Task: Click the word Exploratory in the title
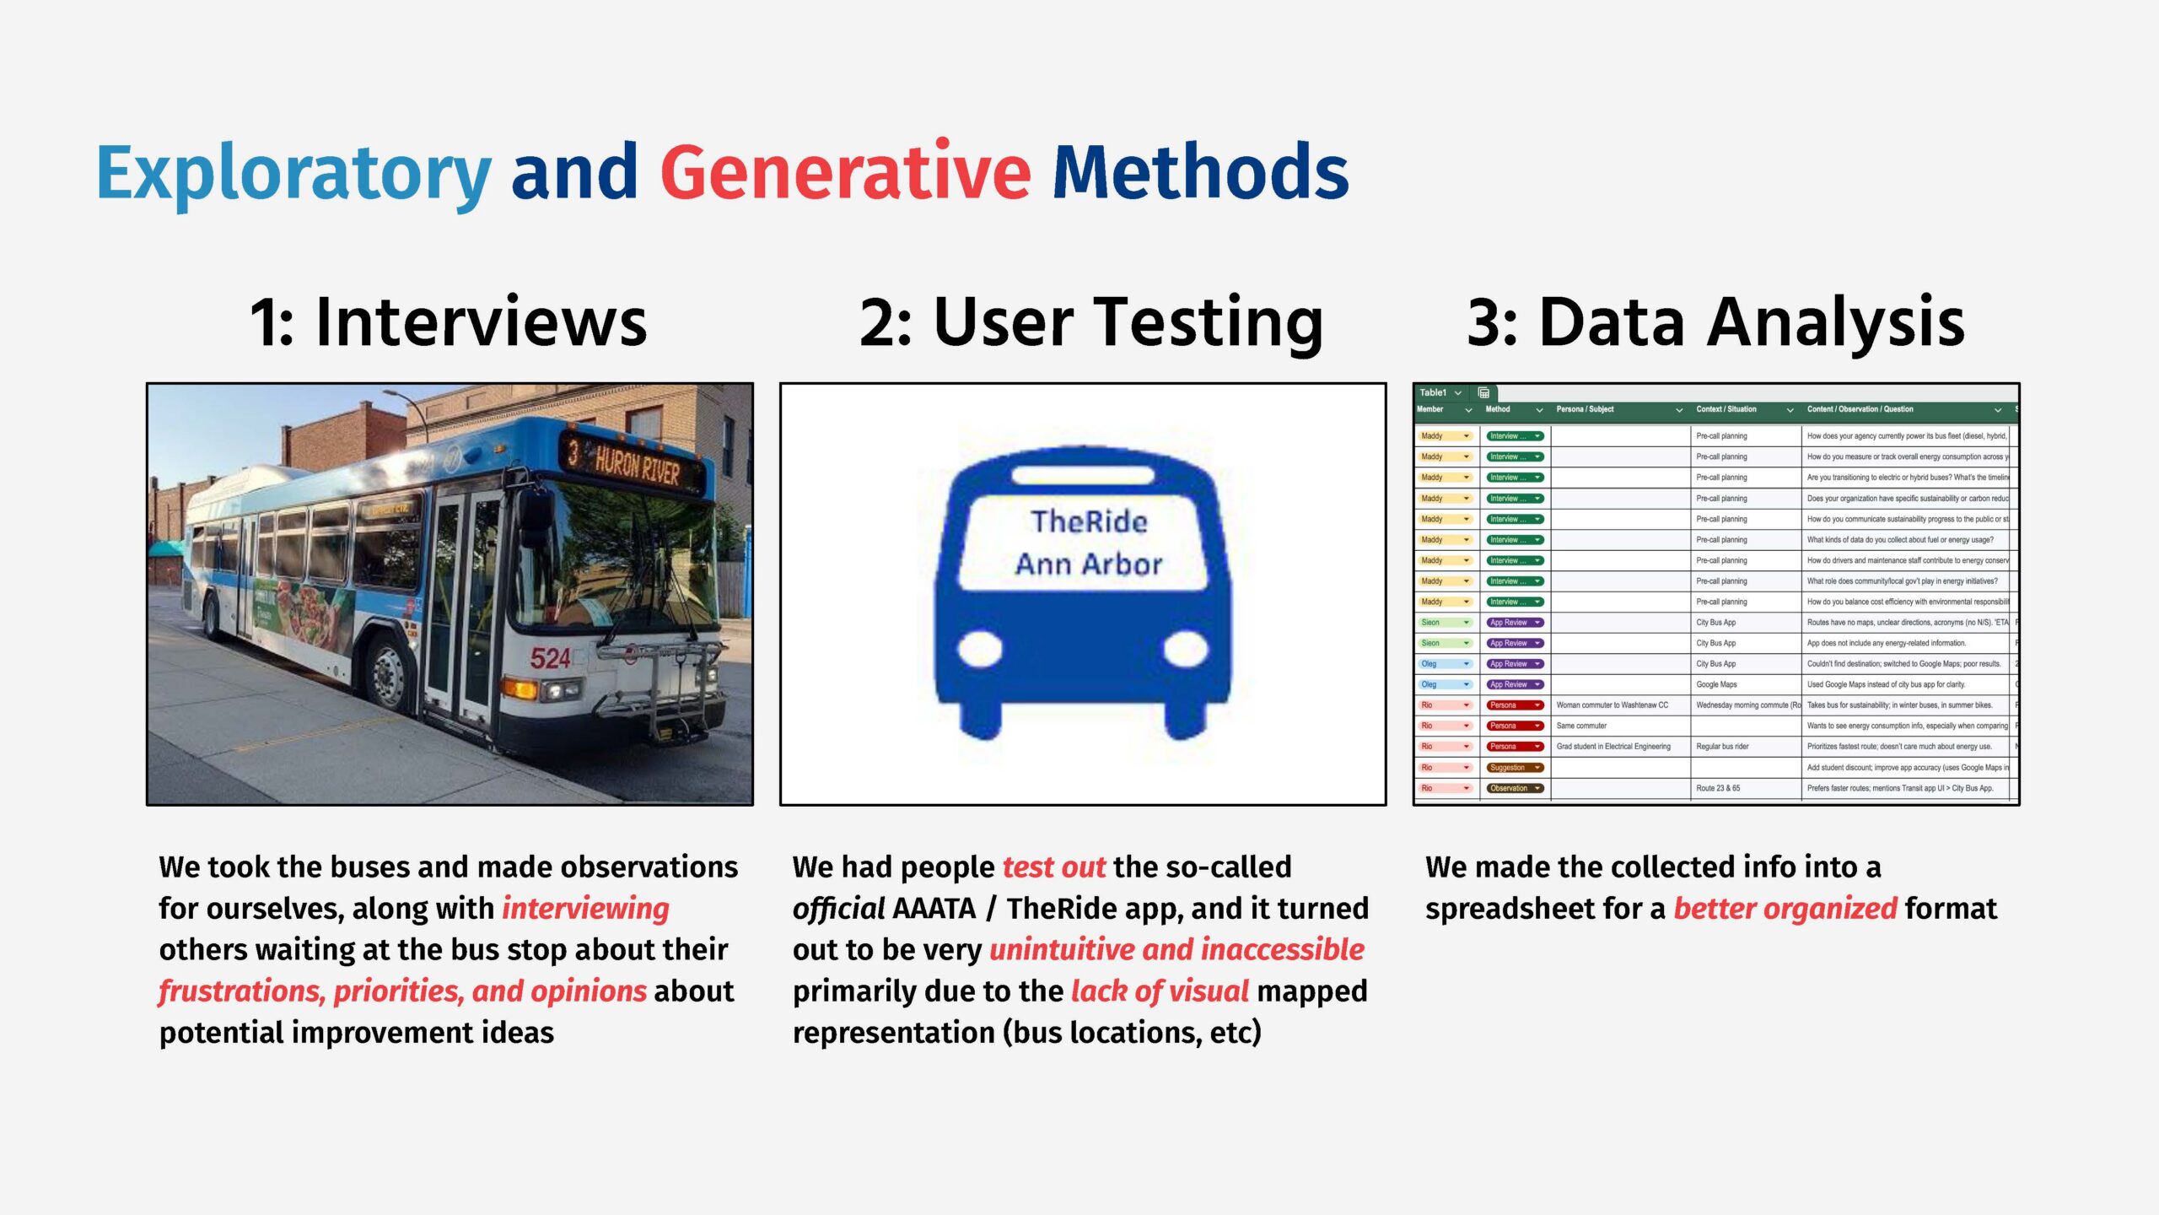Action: (x=293, y=173)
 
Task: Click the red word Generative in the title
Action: (x=845, y=173)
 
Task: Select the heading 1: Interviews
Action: (x=448, y=322)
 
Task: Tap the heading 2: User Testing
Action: (x=1091, y=322)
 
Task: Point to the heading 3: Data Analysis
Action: (x=1715, y=322)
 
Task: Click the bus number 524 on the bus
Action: (x=550, y=658)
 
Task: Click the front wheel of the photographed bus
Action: (x=390, y=676)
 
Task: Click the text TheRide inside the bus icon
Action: (x=1089, y=521)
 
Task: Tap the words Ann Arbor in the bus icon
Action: (x=1089, y=564)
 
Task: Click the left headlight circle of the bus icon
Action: (x=979, y=649)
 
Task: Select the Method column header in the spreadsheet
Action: (x=1498, y=409)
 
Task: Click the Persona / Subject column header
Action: (x=1585, y=409)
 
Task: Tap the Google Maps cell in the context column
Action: (x=1716, y=684)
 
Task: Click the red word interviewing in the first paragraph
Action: (x=585, y=909)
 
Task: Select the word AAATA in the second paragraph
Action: (x=934, y=909)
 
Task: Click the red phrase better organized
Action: (x=1785, y=909)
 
